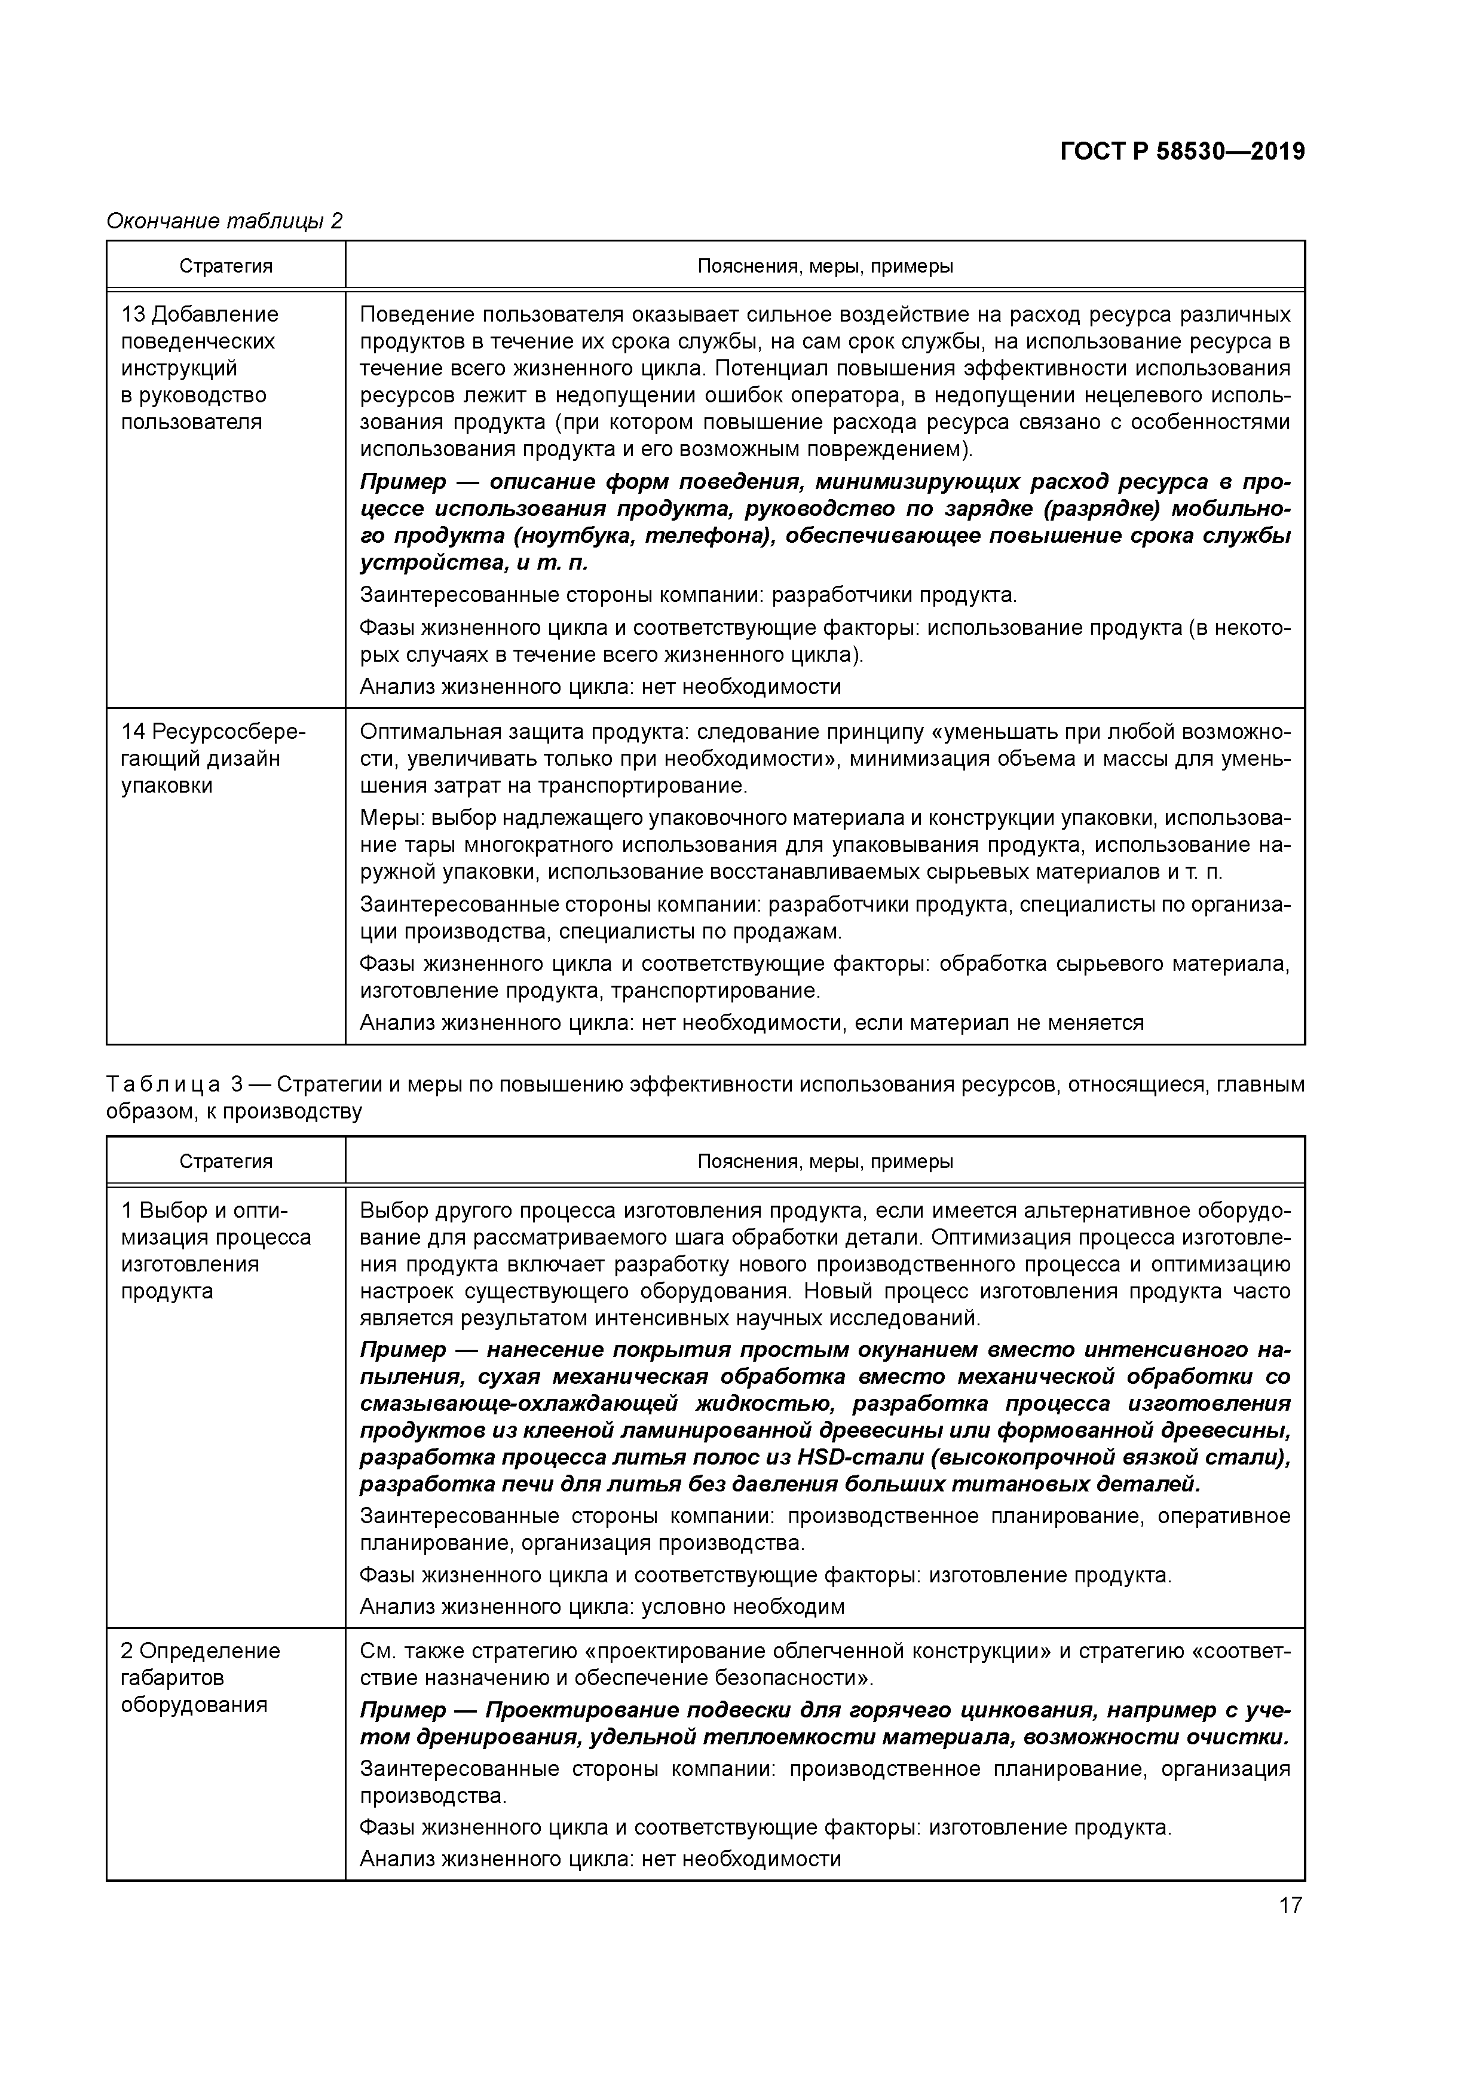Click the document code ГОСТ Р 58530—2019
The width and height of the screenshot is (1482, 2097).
click(x=1183, y=152)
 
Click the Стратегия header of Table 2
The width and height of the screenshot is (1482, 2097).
click(x=225, y=267)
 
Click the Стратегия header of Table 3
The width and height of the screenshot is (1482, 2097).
click(x=225, y=1161)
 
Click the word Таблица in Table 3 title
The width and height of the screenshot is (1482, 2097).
click(x=163, y=1085)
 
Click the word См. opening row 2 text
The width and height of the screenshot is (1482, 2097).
click(x=377, y=1651)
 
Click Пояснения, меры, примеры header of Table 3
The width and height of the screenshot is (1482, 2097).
click(x=825, y=1161)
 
